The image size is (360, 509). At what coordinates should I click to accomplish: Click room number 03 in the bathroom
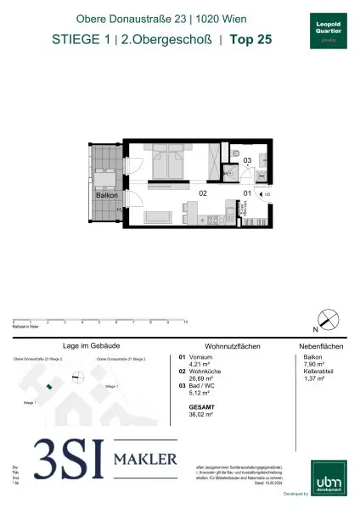(247, 159)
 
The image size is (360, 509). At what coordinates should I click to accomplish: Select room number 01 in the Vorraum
(247, 193)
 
